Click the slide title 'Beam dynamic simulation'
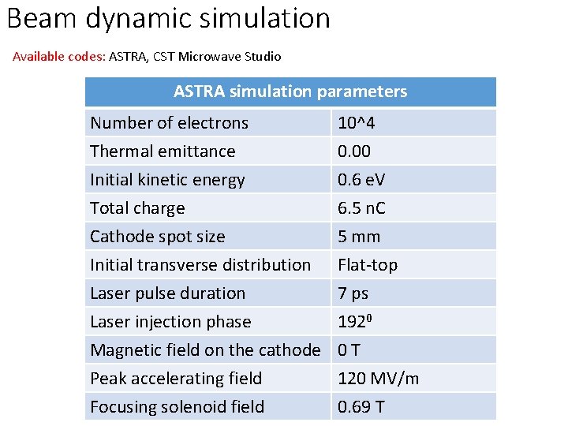pos(168,17)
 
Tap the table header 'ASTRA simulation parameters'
pos(290,92)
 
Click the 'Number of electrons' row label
pos(169,123)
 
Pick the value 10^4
pos(357,123)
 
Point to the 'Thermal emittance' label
pos(163,151)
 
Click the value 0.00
pos(354,151)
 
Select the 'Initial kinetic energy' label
pos(167,180)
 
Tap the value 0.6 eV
pos(361,180)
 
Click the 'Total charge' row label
pos(137,208)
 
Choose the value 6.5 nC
pos(361,208)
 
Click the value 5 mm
pos(359,237)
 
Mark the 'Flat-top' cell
pos(368,265)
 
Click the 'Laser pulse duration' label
pos(167,293)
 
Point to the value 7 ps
pos(353,293)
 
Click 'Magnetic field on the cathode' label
pos(205,350)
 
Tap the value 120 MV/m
pos(378,379)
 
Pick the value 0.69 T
pos(361,407)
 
